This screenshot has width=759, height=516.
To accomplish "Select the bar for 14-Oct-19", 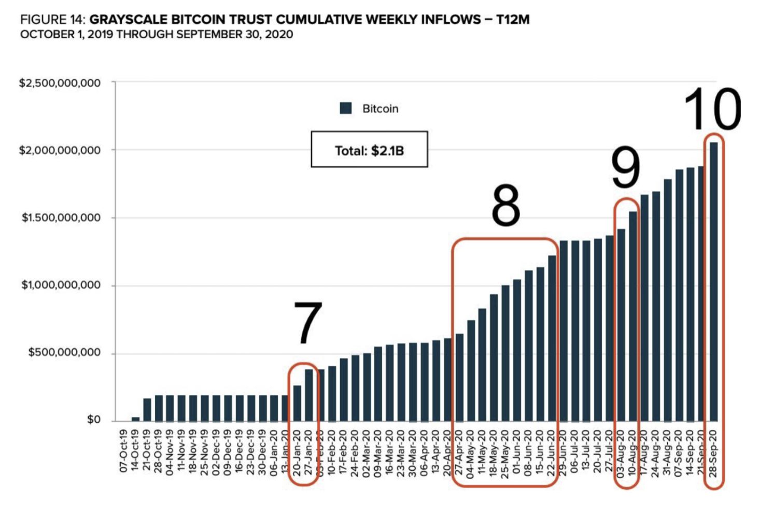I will pos(135,419).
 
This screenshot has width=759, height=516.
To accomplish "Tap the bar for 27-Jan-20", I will pos(309,395).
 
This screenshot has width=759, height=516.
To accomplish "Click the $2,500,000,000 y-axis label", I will pos(60,83).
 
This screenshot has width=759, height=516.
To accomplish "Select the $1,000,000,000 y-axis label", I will pos(61,285).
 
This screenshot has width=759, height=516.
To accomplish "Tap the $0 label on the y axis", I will pos(93,420).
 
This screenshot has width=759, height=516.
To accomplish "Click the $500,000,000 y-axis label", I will pos(64,353).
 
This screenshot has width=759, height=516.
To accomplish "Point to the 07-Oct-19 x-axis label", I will pos(124,451).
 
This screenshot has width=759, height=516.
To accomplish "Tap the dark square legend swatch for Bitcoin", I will pos(346,108).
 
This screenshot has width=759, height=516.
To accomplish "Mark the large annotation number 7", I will pos(307,323).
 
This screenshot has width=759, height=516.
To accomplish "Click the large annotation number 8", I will pos(505,206).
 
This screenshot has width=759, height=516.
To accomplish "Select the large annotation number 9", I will pos(625,168).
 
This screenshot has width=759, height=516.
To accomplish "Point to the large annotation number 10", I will pos(712,110).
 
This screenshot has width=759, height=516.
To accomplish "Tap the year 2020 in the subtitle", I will pos(279,35).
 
